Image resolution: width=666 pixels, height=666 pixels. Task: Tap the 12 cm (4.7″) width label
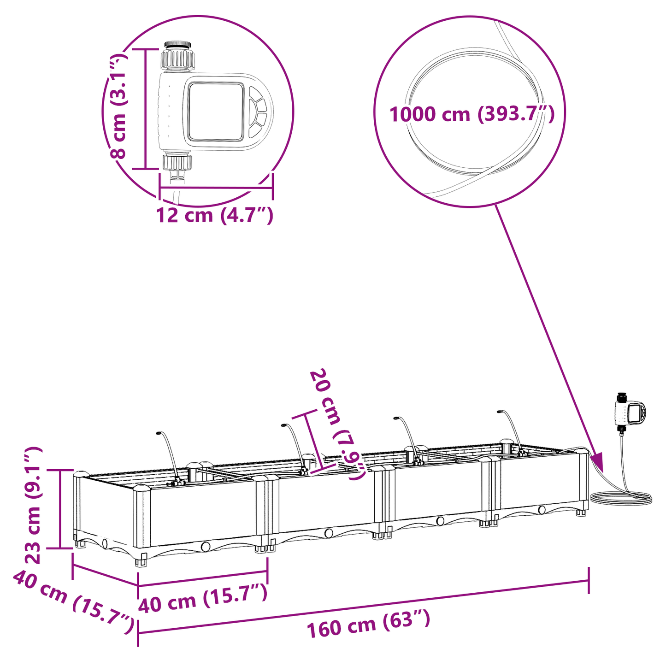215,215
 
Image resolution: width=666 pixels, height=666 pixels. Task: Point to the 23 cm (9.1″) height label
33,505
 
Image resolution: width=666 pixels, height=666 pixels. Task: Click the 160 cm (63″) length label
368,624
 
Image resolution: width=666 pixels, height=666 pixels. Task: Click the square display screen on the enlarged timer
215,112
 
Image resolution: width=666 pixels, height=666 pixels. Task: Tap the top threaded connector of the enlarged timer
177,57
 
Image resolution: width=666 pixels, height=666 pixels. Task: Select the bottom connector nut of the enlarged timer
177,162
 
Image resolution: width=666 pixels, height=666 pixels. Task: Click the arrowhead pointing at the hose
596,461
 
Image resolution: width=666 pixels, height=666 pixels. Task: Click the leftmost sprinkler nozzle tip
159,434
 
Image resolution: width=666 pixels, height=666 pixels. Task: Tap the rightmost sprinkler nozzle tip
499,411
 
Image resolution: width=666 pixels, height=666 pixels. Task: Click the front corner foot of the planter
141,562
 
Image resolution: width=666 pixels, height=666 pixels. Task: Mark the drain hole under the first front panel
205,547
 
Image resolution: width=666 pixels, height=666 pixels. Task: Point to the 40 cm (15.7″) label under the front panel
203,600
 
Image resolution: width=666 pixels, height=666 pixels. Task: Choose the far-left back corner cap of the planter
81,473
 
